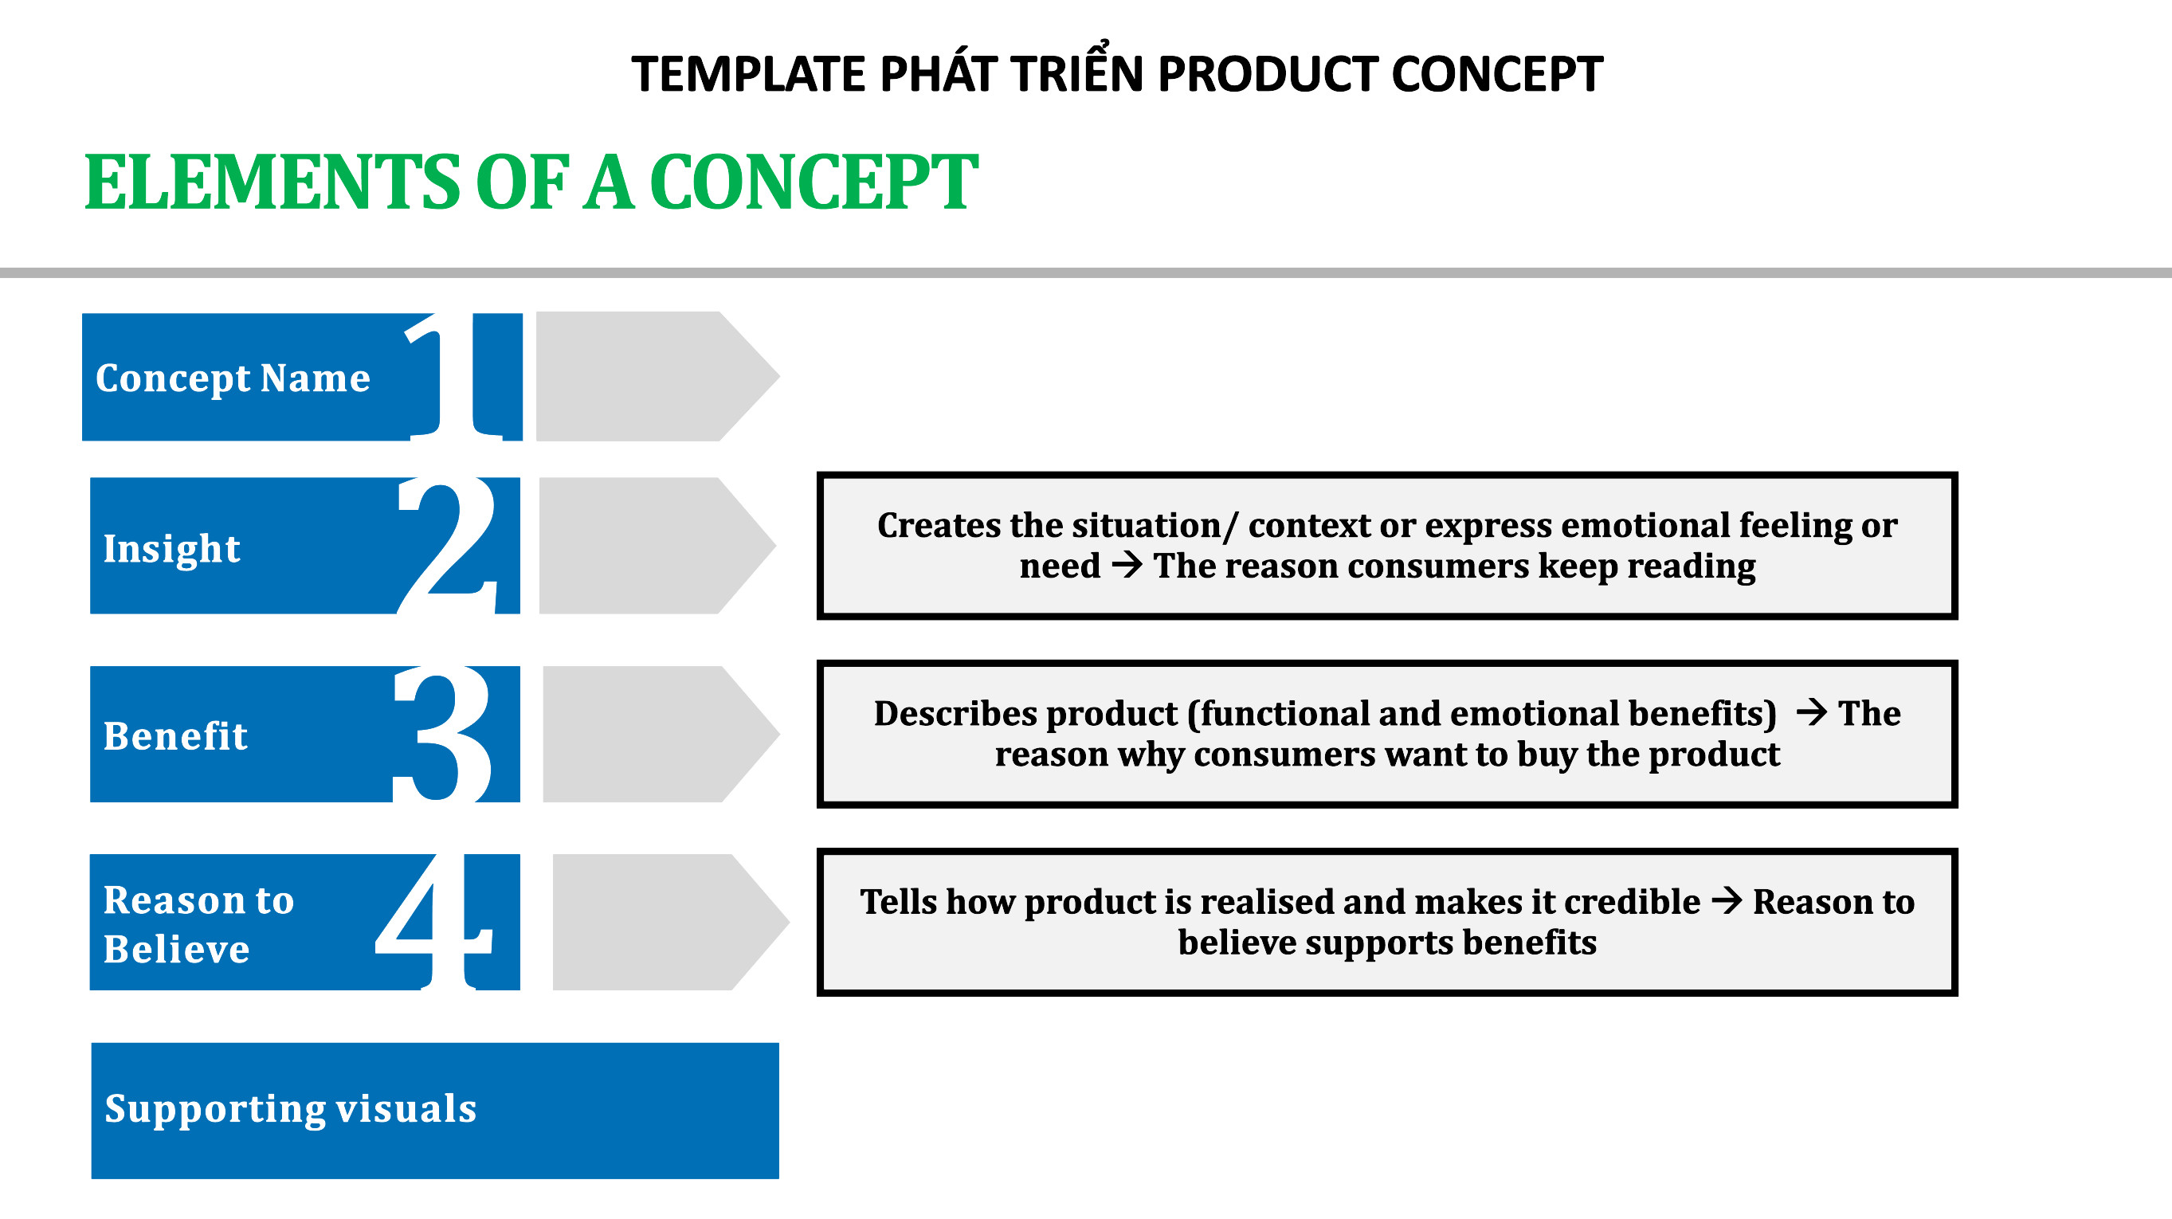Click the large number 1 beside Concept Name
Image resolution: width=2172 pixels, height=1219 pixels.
455,376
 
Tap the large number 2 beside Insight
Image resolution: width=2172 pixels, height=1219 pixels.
447,546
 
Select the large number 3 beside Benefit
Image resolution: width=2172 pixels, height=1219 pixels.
444,734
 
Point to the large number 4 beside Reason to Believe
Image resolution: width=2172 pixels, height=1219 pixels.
433,920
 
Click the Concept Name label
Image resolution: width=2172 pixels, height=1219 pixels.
233,378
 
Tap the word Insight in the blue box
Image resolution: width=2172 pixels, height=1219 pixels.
172,549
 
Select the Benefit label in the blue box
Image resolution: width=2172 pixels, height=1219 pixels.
175,735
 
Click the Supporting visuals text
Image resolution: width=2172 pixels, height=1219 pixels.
290,1108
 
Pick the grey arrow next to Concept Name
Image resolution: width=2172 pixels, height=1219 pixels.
657,376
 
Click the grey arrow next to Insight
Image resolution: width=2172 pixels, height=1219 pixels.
657,546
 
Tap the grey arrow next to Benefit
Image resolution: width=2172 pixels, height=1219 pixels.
661,734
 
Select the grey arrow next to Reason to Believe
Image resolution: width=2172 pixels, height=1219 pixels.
671,921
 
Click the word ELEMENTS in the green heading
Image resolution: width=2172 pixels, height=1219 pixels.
272,182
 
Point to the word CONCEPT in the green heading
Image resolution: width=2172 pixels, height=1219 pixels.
813,182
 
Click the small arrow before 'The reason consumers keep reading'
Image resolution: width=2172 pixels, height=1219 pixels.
1127,565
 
